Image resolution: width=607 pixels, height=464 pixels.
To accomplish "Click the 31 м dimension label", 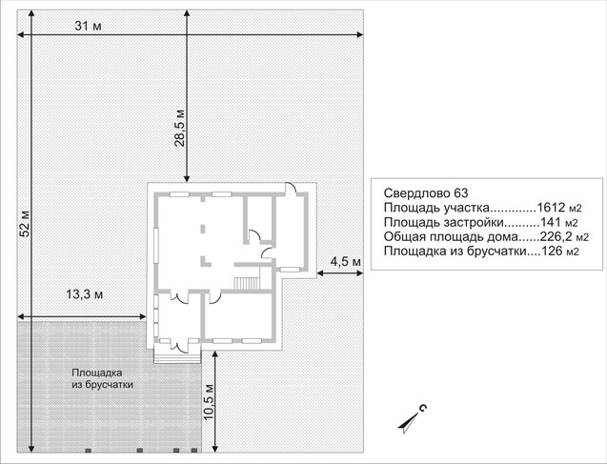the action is (89, 26).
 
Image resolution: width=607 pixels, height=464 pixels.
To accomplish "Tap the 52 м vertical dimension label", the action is (25, 224).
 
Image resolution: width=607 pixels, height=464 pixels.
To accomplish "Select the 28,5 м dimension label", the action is (179, 129).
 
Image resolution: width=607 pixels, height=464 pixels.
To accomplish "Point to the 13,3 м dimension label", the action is (85, 294).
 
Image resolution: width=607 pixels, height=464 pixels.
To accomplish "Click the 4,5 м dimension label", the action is (345, 262).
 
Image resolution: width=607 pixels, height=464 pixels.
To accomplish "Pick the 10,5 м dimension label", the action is (209, 402).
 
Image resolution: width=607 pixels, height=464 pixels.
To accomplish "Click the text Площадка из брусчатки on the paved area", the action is (102, 378).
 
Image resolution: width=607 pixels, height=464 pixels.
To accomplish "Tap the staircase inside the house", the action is (247, 283).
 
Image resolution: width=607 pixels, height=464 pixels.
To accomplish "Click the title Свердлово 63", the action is (426, 192).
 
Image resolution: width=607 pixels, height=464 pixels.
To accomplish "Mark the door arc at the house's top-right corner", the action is (293, 188).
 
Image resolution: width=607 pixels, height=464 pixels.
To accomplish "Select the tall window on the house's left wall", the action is (156, 246).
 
